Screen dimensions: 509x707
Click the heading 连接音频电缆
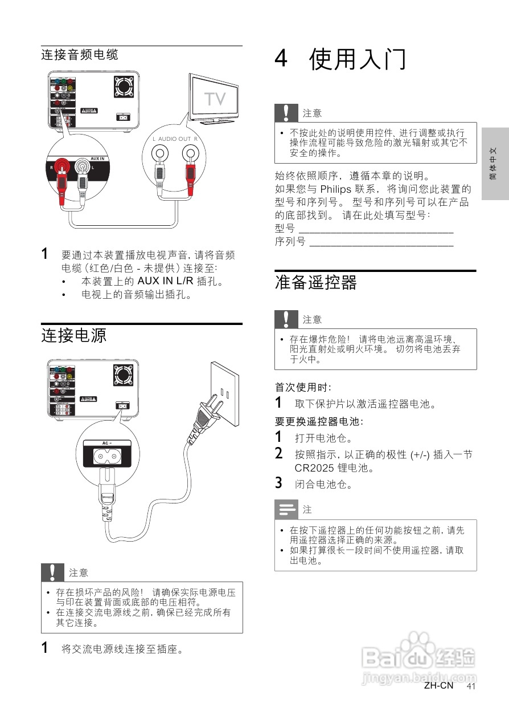point(80,55)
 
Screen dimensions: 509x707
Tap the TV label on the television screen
point(215,99)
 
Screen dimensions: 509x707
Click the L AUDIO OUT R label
point(175,139)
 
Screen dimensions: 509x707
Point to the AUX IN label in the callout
point(98,159)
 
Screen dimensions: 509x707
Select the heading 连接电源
point(74,335)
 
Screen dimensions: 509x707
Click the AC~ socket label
point(106,443)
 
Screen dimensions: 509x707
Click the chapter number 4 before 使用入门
point(281,59)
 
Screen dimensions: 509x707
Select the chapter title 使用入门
point(358,59)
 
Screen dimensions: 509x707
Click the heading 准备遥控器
point(317,282)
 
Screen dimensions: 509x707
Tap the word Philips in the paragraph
point(336,189)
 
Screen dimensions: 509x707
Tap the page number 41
point(471,686)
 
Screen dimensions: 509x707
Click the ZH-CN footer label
point(438,685)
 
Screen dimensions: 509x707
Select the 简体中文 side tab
point(494,164)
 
